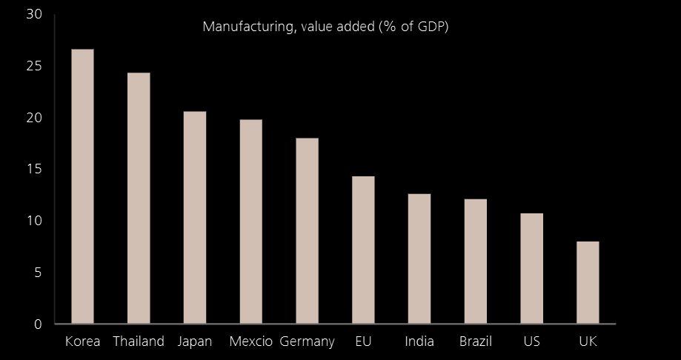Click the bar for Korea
(82, 187)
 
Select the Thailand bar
(139, 199)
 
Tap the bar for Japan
(195, 218)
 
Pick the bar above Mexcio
(251, 221)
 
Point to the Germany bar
(307, 231)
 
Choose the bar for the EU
(363, 250)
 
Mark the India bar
(419, 259)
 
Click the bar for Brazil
(476, 261)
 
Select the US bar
(531, 269)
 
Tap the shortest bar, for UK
(588, 283)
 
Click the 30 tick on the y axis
(35, 15)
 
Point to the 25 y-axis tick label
(35, 67)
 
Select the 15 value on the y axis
(35, 170)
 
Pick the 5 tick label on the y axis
(39, 273)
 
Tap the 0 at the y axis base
(39, 324)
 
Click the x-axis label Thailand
(139, 342)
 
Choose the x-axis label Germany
(308, 342)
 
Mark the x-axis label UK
(588, 342)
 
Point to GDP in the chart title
(431, 27)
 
